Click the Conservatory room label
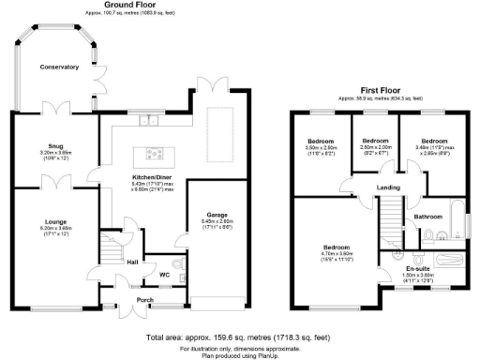[58, 67]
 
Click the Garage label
[217, 215]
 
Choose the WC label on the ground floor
[164, 275]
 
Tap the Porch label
[143, 300]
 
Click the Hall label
[132, 262]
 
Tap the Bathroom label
[428, 217]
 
